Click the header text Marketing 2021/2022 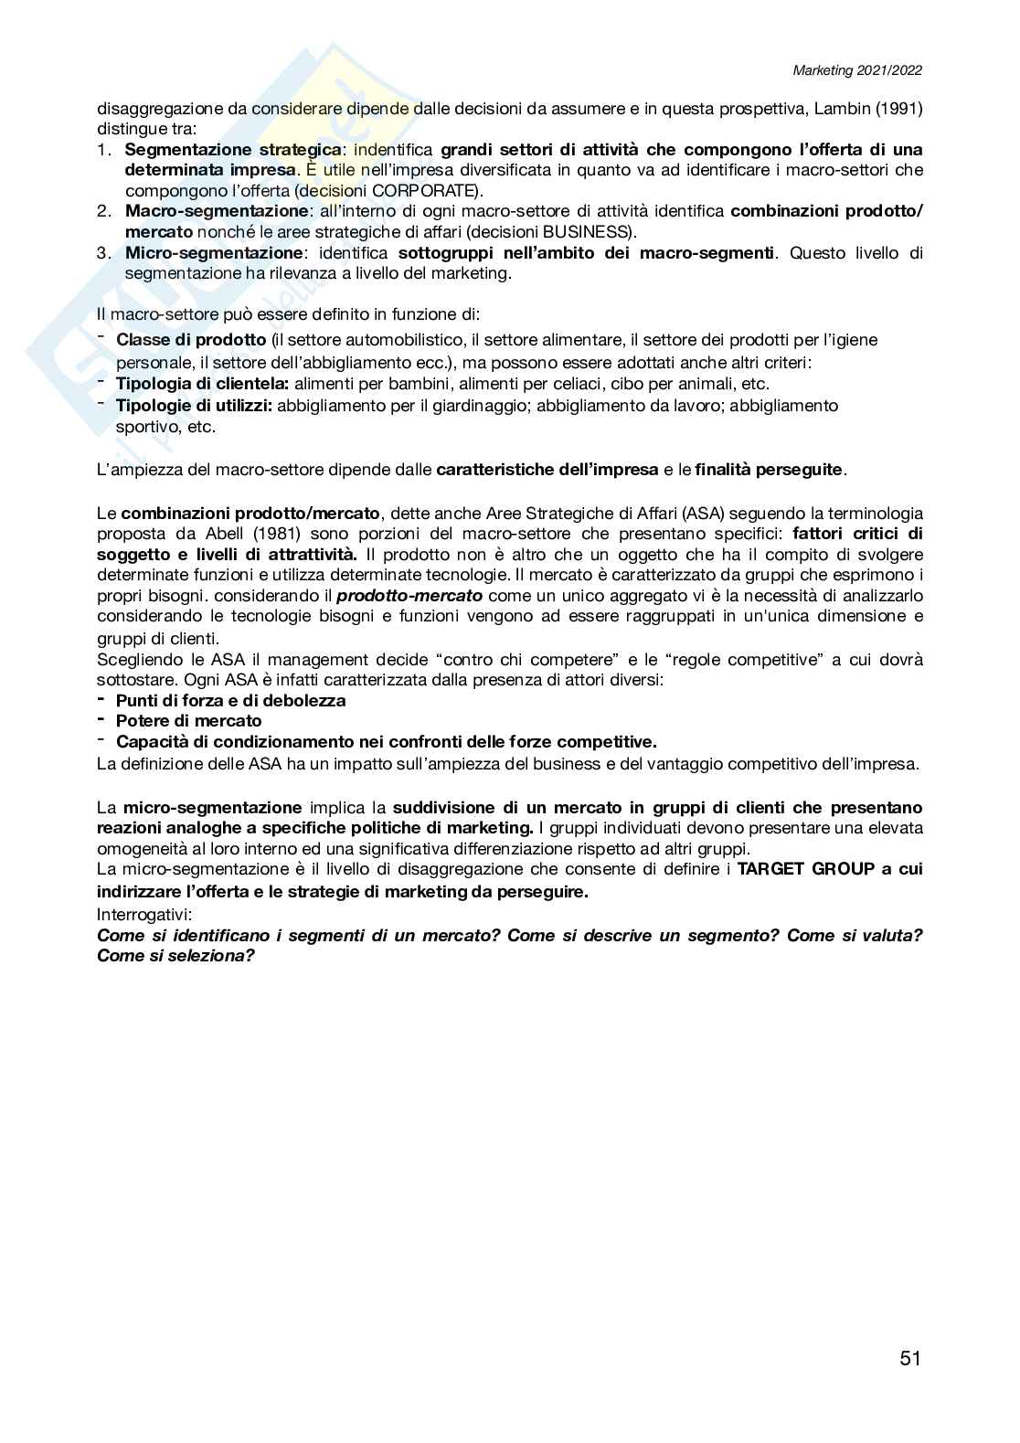click(857, 70)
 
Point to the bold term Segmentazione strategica click(232, 150)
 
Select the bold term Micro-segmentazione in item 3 click(213, 253)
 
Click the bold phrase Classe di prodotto click(191, 340)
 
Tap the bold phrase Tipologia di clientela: click(202, 384)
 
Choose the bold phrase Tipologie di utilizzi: click(194, 405)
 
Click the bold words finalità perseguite click(769, 470)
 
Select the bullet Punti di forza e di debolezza click(230, 701)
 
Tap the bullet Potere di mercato click(188, 721)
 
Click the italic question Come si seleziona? click(175, 956)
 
